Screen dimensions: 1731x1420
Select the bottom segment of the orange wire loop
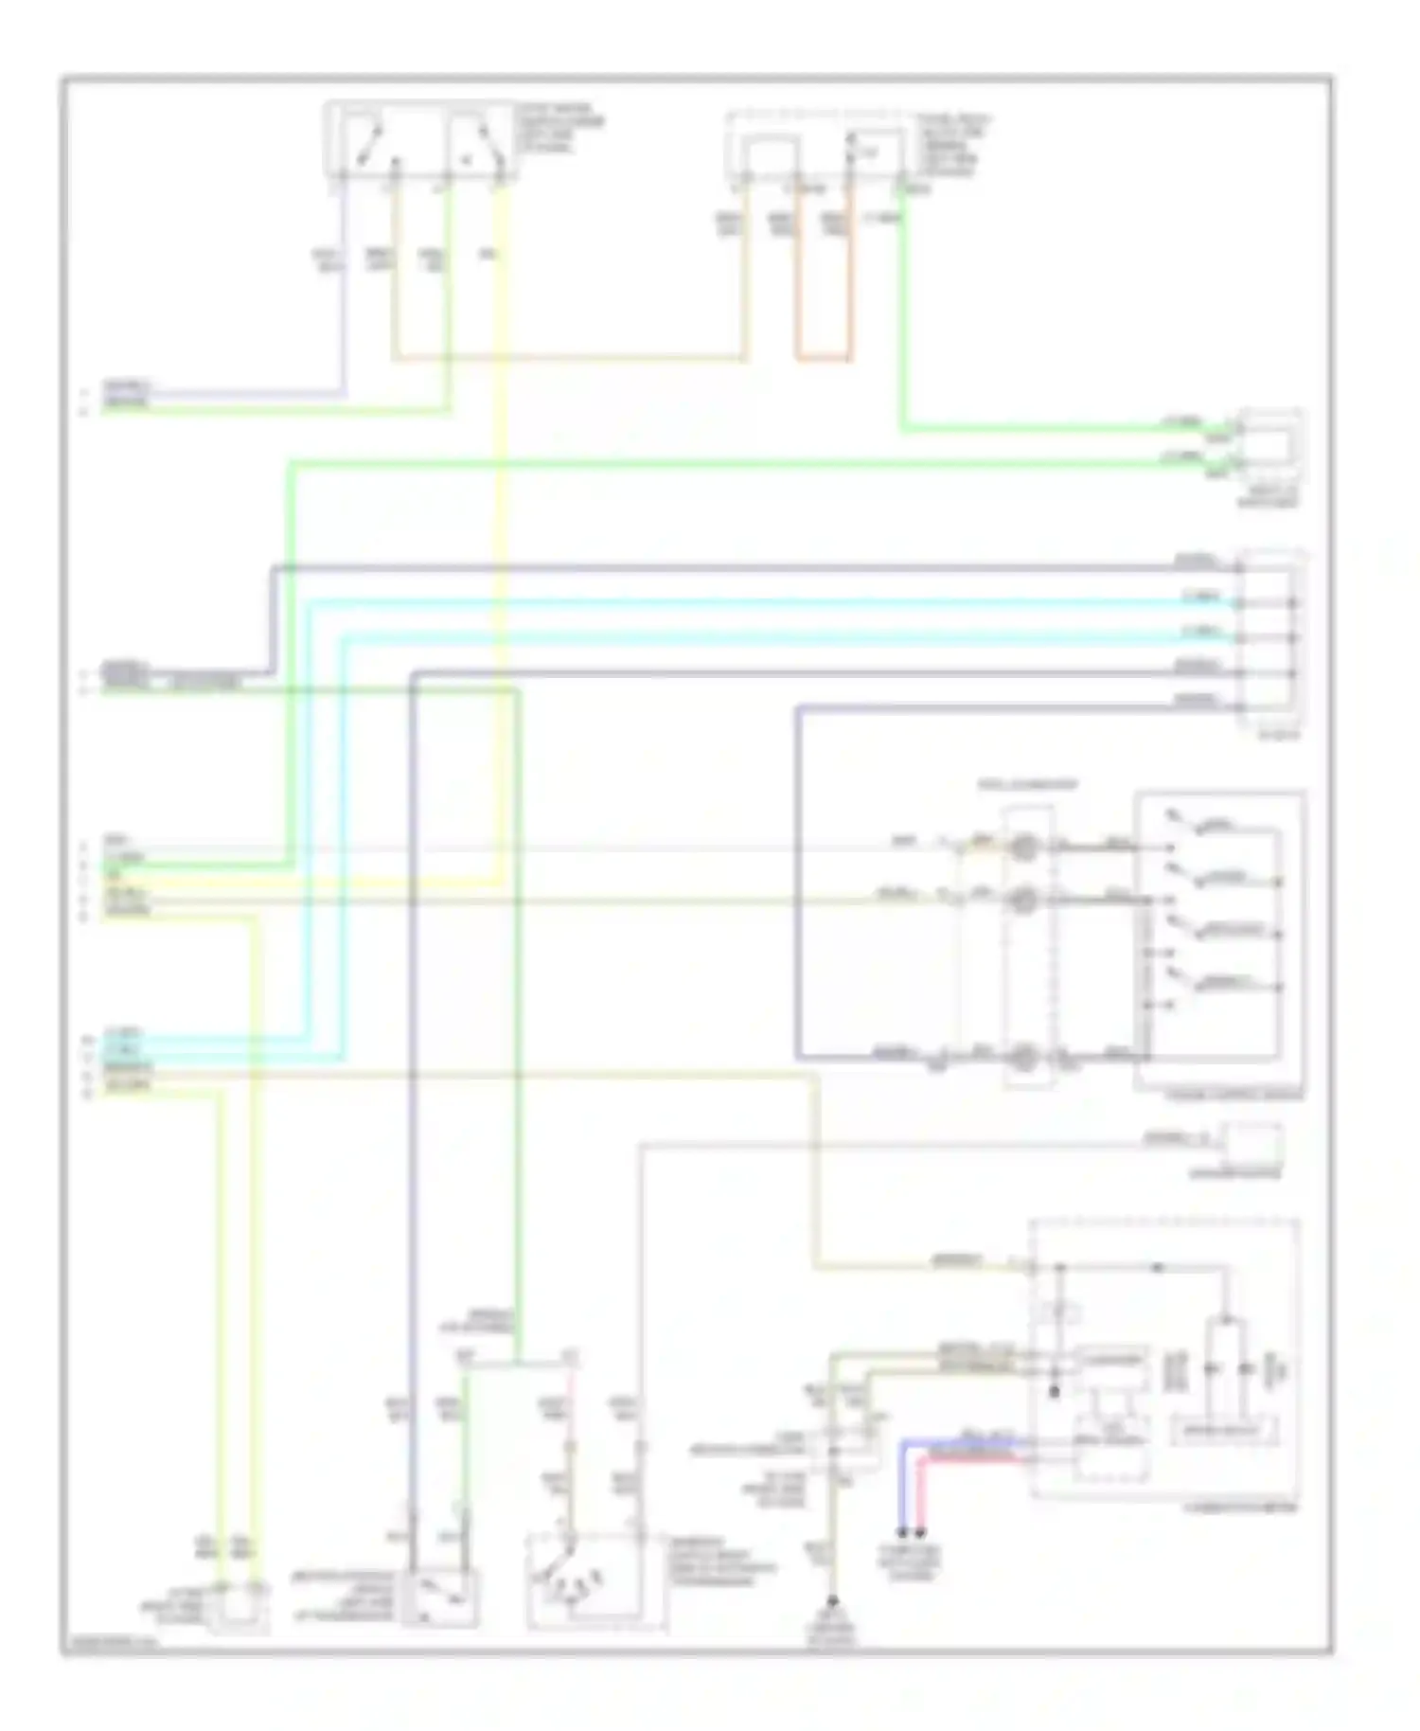[x=822, y=360]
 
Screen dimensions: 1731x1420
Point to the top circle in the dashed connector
[x=1022, y=847]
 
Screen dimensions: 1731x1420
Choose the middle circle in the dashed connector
[x=1022, y=899]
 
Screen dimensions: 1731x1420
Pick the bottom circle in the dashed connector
[x=1022, y=1058]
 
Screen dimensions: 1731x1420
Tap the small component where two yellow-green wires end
[x=238, y=1606]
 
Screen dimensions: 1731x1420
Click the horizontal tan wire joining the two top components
[x=568, y=358]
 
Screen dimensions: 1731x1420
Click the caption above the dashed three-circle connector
[x=1026, y=785]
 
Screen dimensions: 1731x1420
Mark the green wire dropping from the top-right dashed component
[x=902, y=312]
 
